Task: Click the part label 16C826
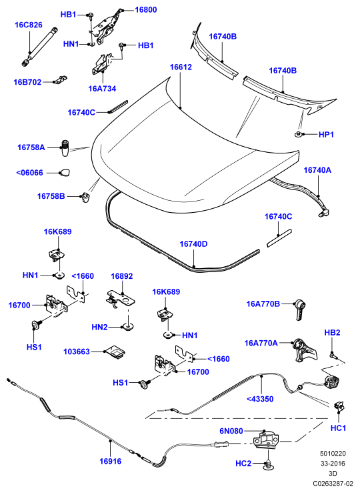(x=29, y=25)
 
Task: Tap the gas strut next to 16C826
(x=40, y=47)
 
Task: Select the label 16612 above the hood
(x=181, y=67)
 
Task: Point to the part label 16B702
(x=27, y=82)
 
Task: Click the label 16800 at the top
(x=146, y=10)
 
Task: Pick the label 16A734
(x=102, y=89)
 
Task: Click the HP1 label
(x=326, y=135)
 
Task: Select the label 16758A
(x=31, y=147)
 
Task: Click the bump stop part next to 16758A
(x=65, y=148)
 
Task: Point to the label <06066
(x=29, y=173)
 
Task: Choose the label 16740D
(x=193, y=244)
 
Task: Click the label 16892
(x=122, y=276)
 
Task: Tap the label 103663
(x=77, y=352)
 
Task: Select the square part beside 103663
(x=115, y=351)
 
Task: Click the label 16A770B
(x=263, y=304)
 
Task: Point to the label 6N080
(x=231, y=431)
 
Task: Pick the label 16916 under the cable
(x=110, y=461)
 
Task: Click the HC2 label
(x=243, y=464)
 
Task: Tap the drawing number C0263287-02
(x=333, y=483)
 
